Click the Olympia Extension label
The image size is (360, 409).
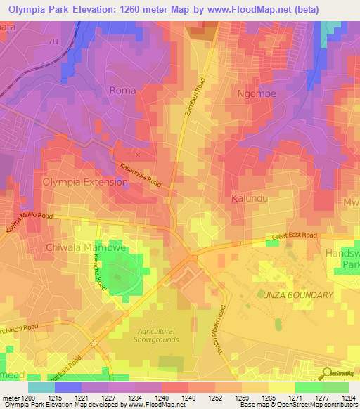click(x=85, y=181)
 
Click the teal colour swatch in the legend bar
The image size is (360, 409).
click(x=41, y=387)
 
